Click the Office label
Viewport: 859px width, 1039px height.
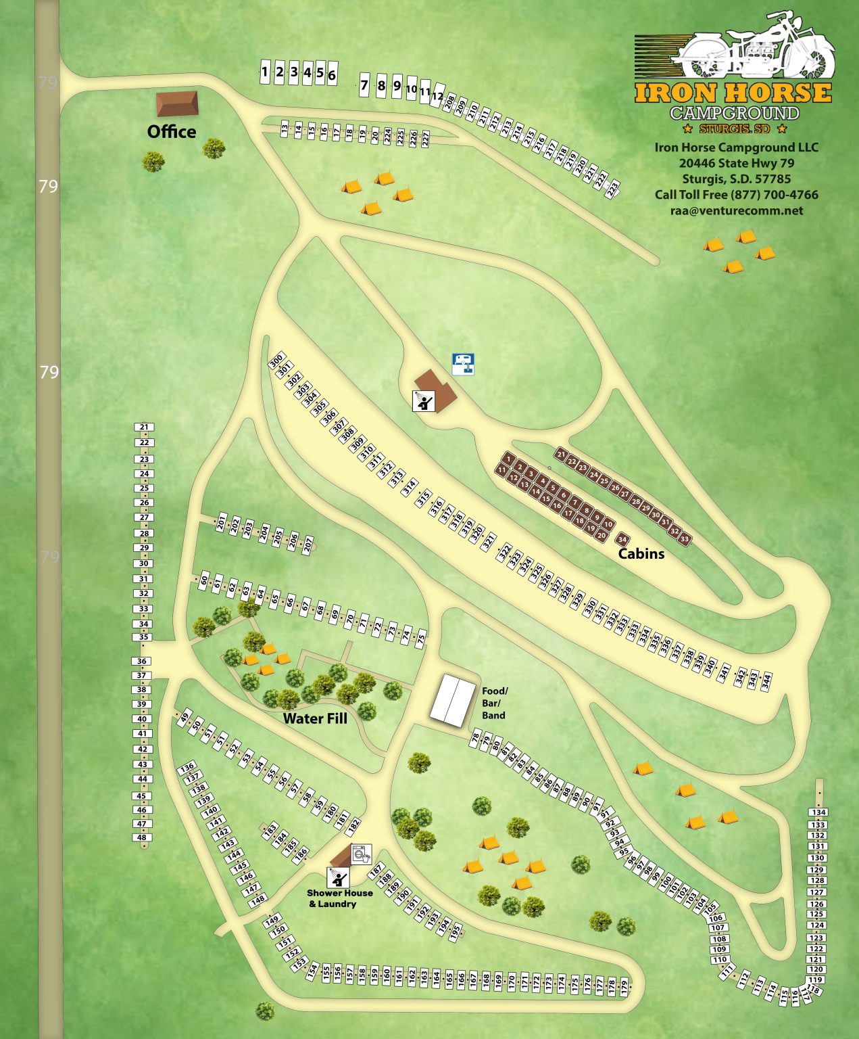[x=172, y=131]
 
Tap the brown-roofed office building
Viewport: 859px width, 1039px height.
[x=177, y=103]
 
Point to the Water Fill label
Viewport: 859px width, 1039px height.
[x=315, y=718]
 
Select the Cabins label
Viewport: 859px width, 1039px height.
[x=641, y=553]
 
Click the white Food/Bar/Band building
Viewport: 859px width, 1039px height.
[x=453, y=701]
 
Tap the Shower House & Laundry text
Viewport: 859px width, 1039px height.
[x=339, y=898]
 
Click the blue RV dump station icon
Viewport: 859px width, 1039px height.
[x=463, y=364]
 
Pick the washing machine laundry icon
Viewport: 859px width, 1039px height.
[x=362, y=854]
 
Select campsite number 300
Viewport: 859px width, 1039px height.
[x=276, y=361]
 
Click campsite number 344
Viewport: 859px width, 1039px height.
[x=766, y=682]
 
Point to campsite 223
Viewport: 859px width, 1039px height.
[x=612, y=190]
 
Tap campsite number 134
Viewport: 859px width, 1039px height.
[x=818, y=812]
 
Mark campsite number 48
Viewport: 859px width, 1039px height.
[x=142, y=837]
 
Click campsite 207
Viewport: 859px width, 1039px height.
[x=308, y=545]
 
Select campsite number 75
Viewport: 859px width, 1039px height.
[x=421, y=638]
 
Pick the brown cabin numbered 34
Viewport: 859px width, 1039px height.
[x=622, y=539]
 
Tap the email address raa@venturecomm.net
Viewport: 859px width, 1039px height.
[x=737, y=210]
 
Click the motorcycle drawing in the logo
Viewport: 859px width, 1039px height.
[x=757, y=47]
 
